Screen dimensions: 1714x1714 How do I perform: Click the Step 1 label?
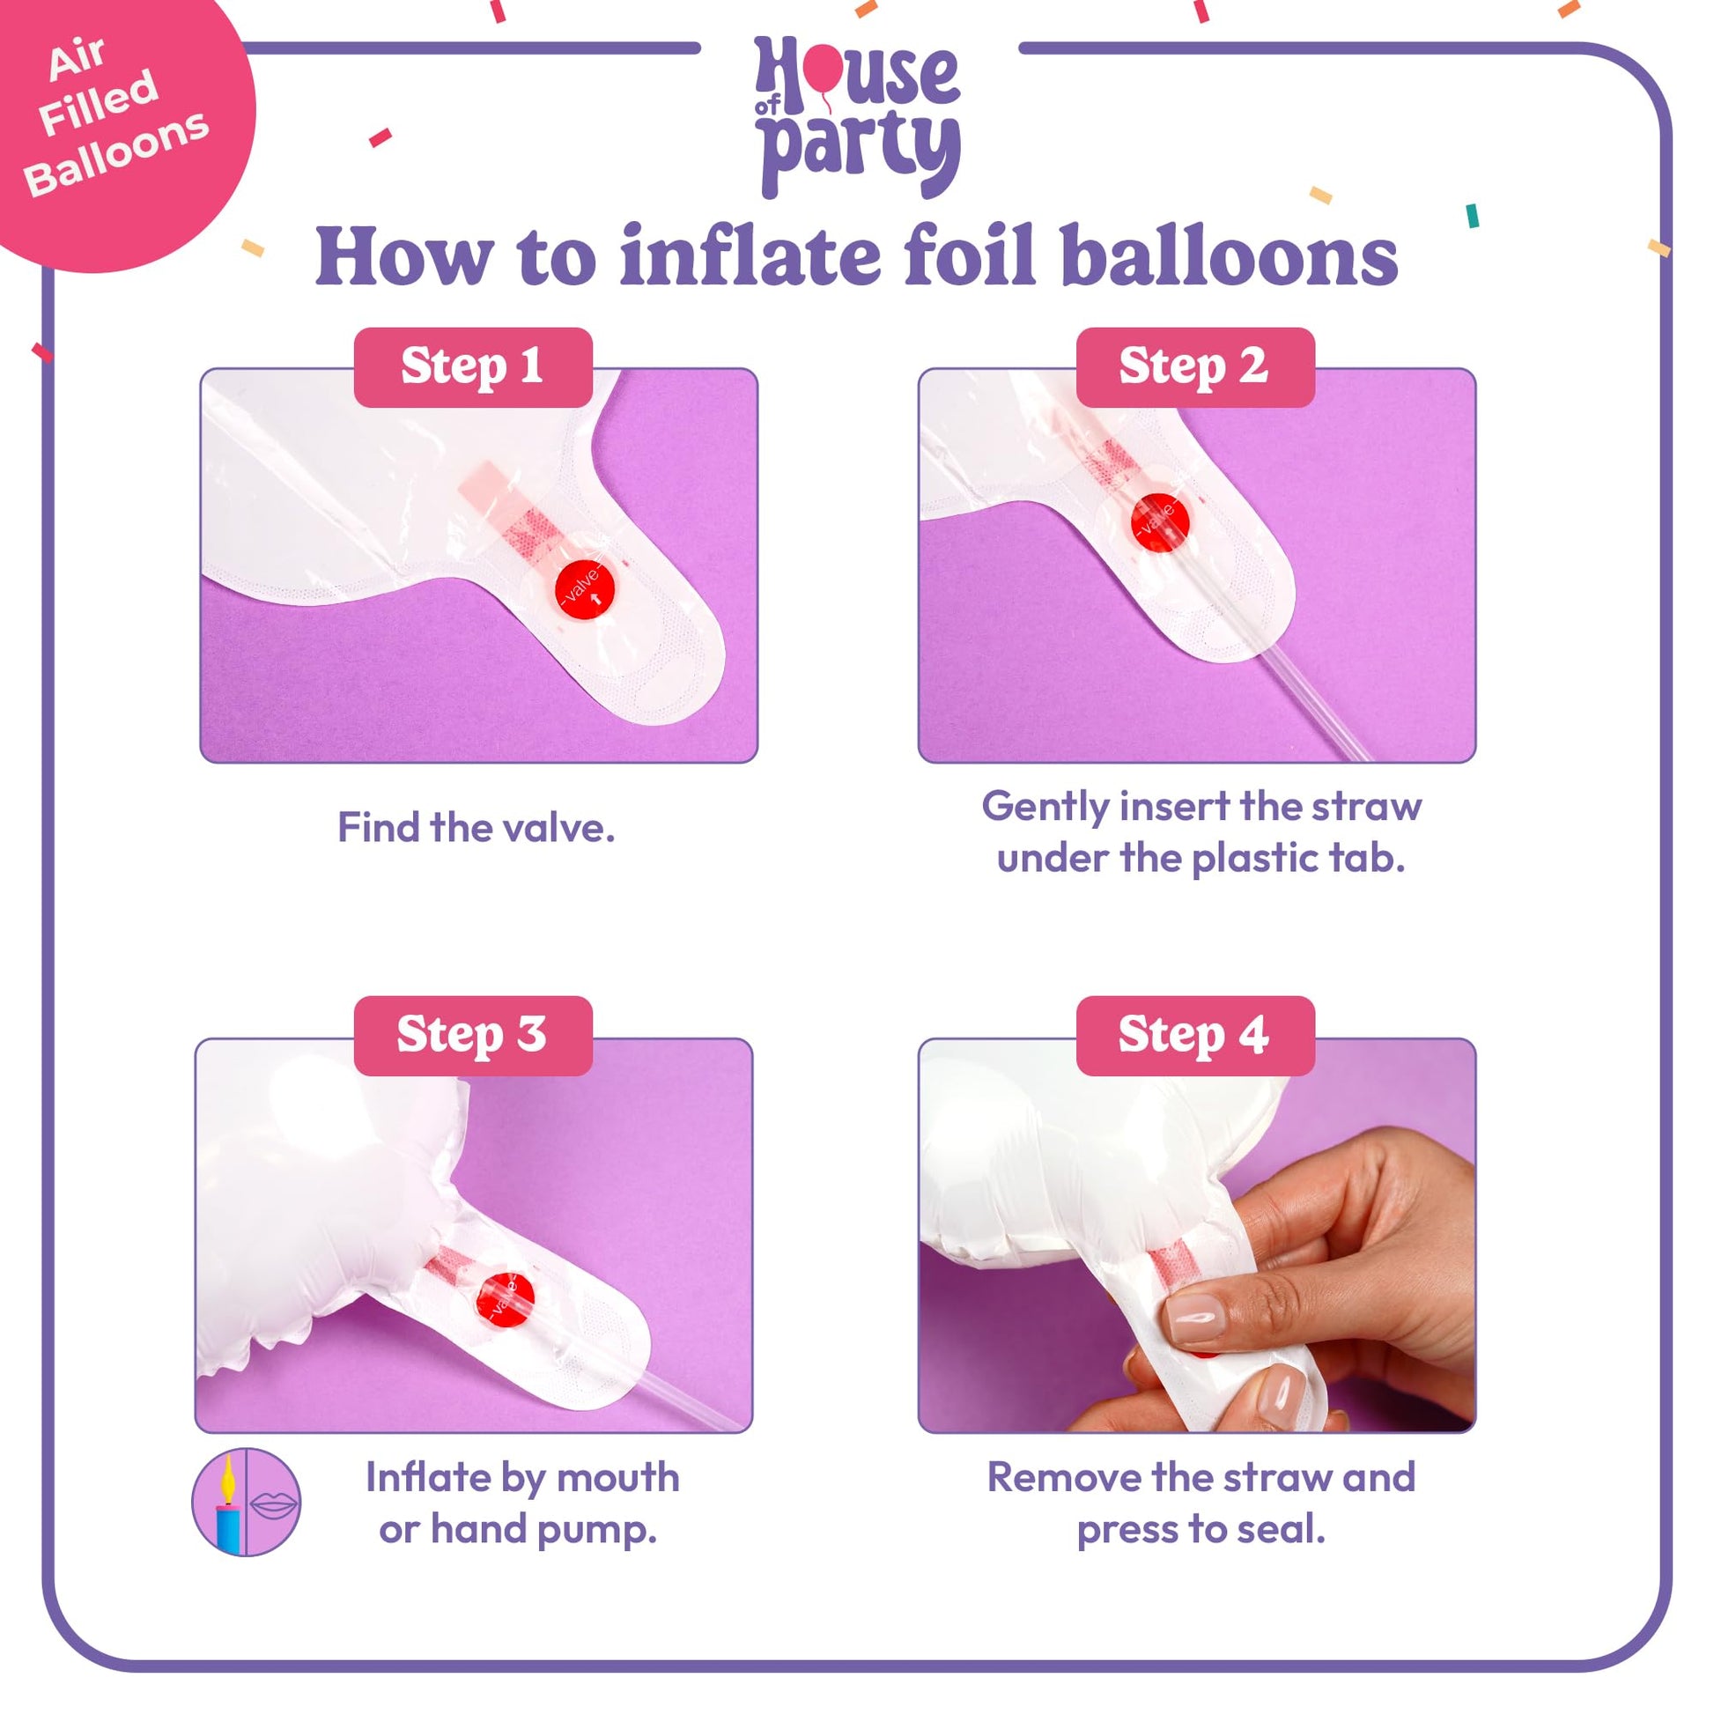pyautogui.click(x=473, y=367)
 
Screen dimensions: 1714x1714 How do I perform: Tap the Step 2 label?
pyautogui.click(x=1195, y=367)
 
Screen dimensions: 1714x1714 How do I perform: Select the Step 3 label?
pyautogui.click(x=473, y=1035)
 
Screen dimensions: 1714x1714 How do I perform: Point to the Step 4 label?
pyautogui.click(x=1195, y=1035)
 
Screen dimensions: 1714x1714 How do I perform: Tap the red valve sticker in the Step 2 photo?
pyautogui.click(x=1159, y=521)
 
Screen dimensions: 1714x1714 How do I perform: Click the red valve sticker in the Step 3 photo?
pyautogui.click(x=506, y=1301)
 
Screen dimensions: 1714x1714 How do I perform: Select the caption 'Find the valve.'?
pyautogui.click(x=476, y=828)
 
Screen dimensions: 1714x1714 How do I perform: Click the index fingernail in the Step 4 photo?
pyautogui.click(x=1193, y=1318)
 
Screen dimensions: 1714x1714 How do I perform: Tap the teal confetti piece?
pyautogui.click(x=1473, y=216)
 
